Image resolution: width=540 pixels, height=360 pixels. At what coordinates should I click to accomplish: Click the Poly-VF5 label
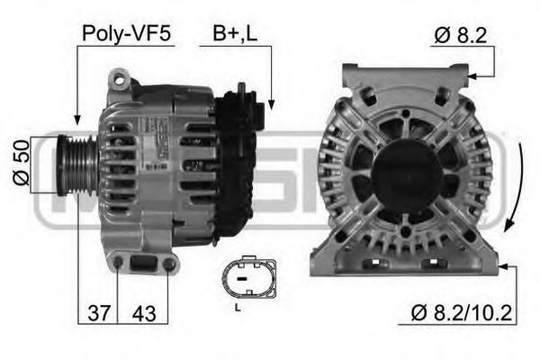126,34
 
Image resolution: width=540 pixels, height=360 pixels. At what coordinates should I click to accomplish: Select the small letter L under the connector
236,308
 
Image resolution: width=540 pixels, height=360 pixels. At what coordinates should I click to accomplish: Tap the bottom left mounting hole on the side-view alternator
118,263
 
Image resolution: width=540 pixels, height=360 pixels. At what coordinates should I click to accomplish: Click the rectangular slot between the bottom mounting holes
144,265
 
